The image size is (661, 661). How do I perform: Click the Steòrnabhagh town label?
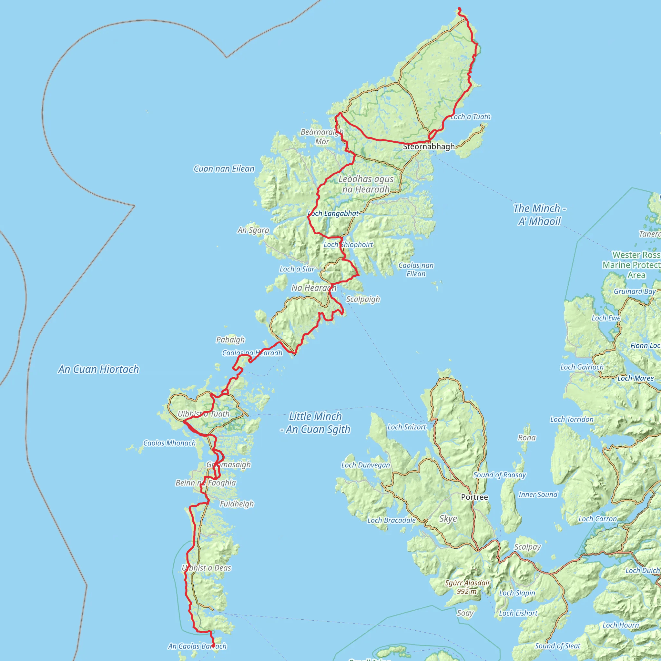point(429,147)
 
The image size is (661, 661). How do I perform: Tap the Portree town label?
point(474,497)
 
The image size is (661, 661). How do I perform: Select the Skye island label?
point(448,519)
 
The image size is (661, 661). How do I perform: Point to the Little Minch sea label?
point(315,422)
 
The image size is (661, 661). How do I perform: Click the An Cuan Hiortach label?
point(98,369)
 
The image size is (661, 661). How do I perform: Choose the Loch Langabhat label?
point(333,213)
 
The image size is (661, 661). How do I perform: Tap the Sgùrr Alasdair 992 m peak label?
point(467,587)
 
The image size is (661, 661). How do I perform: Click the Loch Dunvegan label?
point(365,465)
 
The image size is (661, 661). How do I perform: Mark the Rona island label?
point(526,438)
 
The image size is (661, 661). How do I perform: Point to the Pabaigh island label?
point(230,340)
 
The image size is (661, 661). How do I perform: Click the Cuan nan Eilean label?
point(224,169)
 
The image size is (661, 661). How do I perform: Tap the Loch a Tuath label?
point(471,117)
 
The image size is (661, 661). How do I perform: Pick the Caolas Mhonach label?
point(169,443)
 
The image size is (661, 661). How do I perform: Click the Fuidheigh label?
point(237,503)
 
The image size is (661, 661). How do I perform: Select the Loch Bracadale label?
point(392,520)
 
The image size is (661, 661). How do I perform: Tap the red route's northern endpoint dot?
point(459,9)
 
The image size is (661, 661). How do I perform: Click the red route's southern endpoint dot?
point(213,646)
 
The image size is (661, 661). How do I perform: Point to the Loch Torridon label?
point(572,420)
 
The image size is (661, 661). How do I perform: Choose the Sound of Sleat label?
point(557,646)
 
